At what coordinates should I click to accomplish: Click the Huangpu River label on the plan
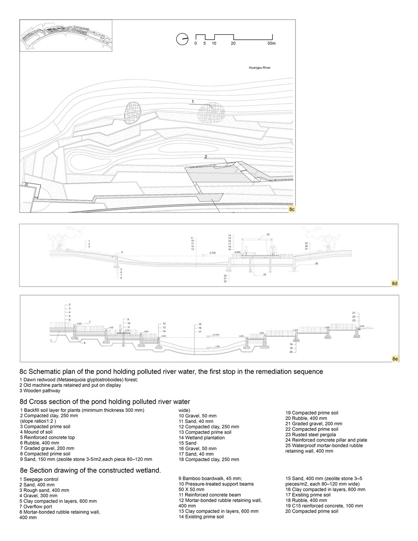[260, 67]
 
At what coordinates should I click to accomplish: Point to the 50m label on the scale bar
[271, 43]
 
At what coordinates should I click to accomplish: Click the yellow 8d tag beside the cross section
[394, 283]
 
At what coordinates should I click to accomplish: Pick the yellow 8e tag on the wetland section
[395, 359]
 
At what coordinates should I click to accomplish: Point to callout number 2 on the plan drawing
[206, 157]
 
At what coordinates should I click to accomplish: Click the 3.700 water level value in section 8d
[212, 253]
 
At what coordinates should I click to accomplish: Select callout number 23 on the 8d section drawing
[268, 235]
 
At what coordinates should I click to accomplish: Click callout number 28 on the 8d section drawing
[316, 264]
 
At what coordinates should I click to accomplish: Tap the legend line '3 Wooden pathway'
[40, 391]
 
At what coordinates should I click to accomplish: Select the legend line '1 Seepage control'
[39, 479]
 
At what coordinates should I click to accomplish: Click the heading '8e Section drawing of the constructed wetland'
[90, 470]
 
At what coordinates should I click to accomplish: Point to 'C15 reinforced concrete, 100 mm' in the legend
[324, 506]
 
